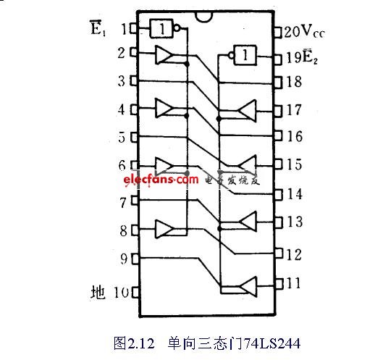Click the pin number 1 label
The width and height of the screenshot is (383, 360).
tap(124, 29)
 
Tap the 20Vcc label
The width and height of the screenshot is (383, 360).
tap(304, 32)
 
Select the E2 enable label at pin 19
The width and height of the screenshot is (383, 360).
tap(310, 56)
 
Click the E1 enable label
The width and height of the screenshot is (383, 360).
tap(98, 28)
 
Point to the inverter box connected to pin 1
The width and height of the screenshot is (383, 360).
tap(161, 28)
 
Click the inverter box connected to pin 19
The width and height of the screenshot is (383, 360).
tap(245, 55)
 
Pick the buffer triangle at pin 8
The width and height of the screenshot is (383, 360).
tap(164, 229)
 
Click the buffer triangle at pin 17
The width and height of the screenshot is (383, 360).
tap(248, 111)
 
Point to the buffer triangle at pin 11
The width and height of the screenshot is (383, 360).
tap(248, 286)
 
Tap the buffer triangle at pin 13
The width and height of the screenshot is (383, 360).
tap(248, 222)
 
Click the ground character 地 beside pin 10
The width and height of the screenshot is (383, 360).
tap(98, 292)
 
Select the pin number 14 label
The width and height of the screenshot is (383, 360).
tap(295, 194)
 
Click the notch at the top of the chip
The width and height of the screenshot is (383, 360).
tap(204, 17)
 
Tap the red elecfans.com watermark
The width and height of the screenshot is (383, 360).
tap(161, 180)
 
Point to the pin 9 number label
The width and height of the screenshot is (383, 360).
tap(124, 259)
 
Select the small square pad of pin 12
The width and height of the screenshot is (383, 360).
tap(279, 254)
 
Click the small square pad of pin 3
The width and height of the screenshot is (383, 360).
tap(134, 80)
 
